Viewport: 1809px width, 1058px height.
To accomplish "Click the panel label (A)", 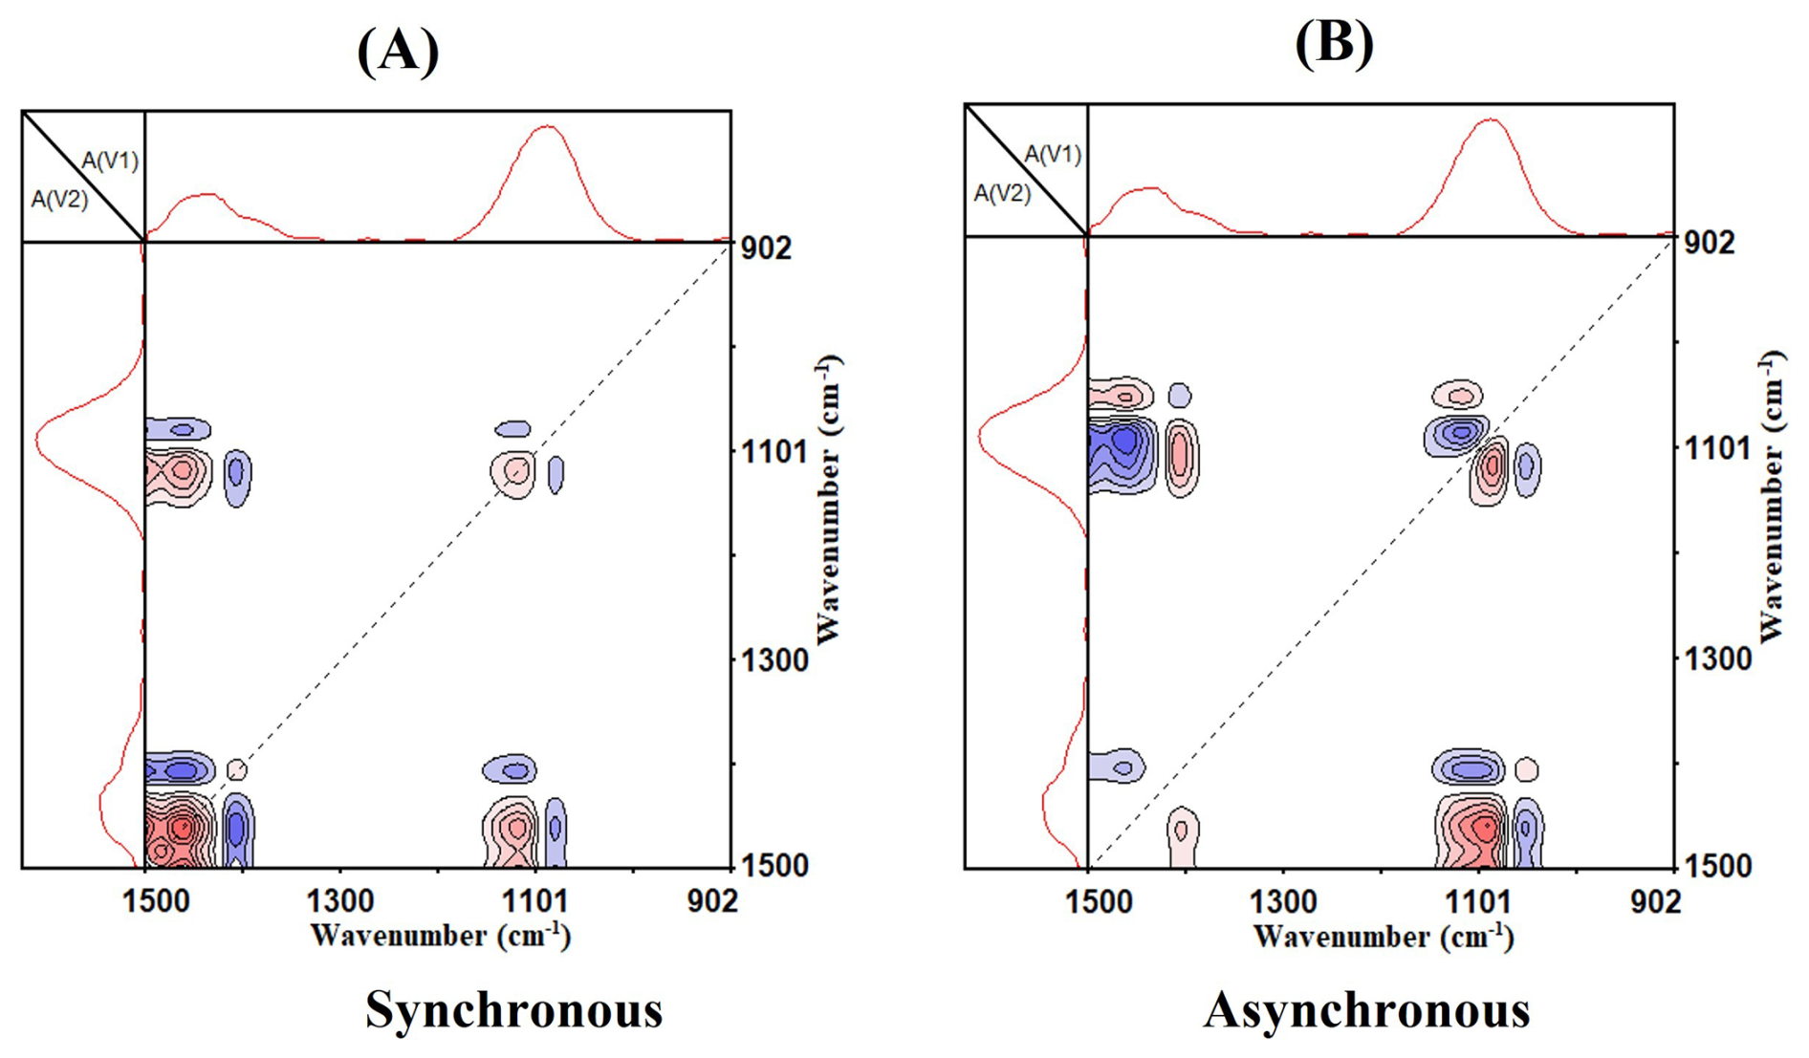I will click(398, 50).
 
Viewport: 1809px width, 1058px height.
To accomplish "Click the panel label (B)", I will click(1335, 42).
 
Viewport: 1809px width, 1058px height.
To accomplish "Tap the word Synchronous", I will click(514, 1009).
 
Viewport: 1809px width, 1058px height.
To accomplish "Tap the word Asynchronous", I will click(1367, 1009).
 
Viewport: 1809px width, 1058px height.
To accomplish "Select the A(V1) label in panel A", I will click(110, 161).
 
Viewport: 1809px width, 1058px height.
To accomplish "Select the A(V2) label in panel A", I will click(59, 200).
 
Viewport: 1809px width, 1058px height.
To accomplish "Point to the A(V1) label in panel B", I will click(1053, 154).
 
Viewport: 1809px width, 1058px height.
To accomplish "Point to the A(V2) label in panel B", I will click(1002, 194).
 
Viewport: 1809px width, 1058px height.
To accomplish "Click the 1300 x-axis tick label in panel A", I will click(339, 900).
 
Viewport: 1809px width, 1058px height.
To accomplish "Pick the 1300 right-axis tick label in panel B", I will click(1717, 659).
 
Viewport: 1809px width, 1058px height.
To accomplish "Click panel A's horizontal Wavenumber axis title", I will click(441, 936).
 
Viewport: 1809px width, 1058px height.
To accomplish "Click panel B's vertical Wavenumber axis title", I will click(1771, 497).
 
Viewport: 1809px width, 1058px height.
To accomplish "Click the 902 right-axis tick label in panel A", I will click(767, 248).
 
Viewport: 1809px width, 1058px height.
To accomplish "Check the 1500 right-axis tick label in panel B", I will click(1717, 866).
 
